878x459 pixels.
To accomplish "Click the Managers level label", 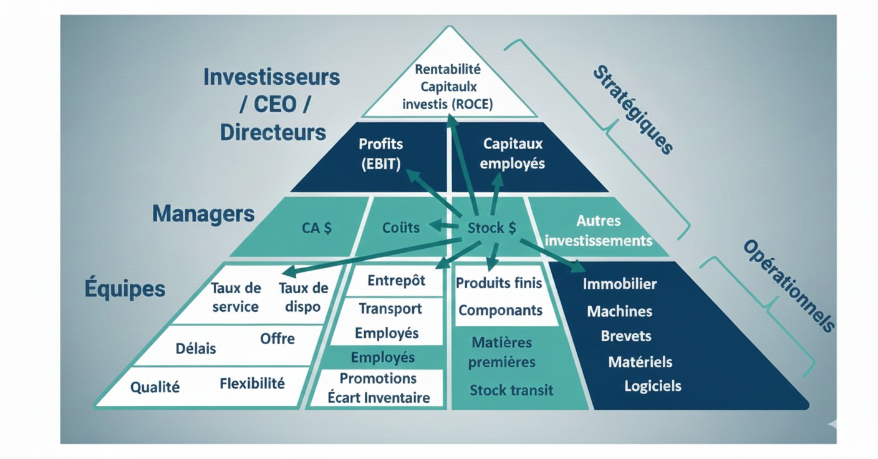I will pyautogui.click(x=203, y=214).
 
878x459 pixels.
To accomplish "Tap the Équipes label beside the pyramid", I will pyautogui.click(x=125, y=288).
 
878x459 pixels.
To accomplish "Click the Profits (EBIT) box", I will pyautogui.click(x=380, y=154).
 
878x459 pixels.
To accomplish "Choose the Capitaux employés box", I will pyautogui.click(x=513, y=154).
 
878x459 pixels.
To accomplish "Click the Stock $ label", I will pyautogui.click(x=492, y=228).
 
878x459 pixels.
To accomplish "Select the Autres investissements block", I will pyautogui.click(x=597, y=230).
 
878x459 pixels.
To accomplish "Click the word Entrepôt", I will pyautogui.click(x=396, y=281).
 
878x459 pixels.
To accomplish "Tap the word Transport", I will pyautogui.click(x=390, y=309).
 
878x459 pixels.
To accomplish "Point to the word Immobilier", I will pyautogui.click(x=619, y=284).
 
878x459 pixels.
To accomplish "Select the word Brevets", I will pyautogui.click(x=625, y=336).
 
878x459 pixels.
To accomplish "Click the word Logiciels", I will pyautogui.click(x=652, y=386).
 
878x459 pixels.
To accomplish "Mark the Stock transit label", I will pyautogui.click(x=511, y=390).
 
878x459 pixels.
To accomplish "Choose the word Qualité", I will pyautogui.click(x=155, y=387).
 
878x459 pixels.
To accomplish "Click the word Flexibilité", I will pyautogui.click(x=252, y=384).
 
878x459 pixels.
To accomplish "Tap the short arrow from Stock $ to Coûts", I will pyautogui.click(x=444, y=225).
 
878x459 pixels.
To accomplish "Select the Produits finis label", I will pyautogui.click(x=499, y=283).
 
